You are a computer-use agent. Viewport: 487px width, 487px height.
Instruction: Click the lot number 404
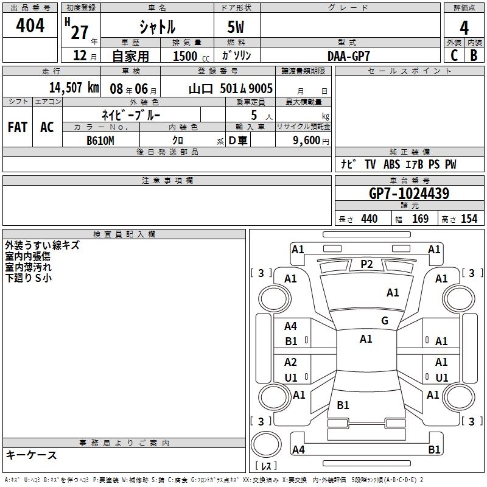[x=30, y=26]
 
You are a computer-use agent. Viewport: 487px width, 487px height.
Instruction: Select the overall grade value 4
[x=464, y=28]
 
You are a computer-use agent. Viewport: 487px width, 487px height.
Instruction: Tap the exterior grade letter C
[x=454, y=55]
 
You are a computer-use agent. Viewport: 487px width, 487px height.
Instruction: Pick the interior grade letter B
[x=474, y=55]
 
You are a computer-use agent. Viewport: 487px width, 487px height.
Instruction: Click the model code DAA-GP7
[x=349, y=56]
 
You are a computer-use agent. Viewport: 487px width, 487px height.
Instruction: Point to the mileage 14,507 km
[x=74, y=88]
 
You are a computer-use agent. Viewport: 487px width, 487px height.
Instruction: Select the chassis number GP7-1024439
[x=409, y=194]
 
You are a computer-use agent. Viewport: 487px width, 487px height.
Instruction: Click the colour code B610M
[x=100, y=141]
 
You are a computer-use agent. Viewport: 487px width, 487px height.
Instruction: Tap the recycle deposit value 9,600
[x=307, y=141]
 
